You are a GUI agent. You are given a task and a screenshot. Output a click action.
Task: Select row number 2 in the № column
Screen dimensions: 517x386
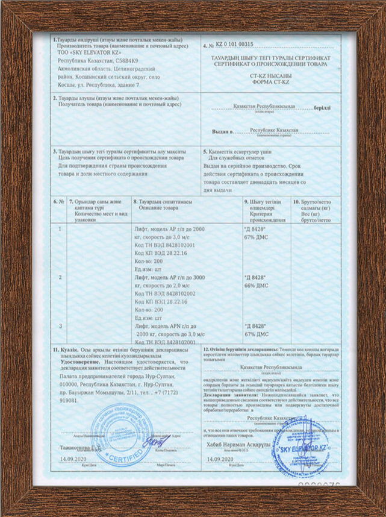point(60,277)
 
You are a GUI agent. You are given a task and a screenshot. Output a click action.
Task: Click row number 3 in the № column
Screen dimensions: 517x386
point(60,326)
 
